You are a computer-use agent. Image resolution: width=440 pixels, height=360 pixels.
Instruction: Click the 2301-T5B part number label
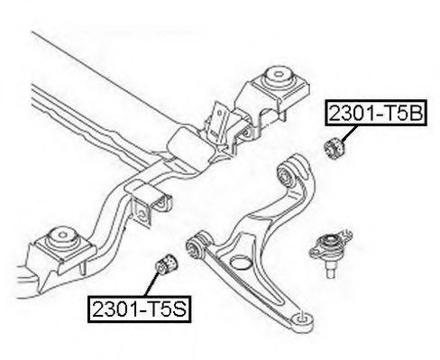(x=376, y=113)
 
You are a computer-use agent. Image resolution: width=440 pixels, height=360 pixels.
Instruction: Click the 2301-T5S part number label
(x=140, y=309)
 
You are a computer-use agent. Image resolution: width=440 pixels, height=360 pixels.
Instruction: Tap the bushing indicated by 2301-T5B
(x=335, y=148)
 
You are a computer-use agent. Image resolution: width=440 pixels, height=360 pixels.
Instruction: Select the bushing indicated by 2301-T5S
(x=166, y=263)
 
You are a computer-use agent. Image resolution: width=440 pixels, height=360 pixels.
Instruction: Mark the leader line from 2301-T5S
(x=151, y=283)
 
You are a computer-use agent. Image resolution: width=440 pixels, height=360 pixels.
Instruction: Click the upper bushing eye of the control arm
(x=286, y=176)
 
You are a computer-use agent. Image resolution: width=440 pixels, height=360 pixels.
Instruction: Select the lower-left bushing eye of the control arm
(x=196, y=246)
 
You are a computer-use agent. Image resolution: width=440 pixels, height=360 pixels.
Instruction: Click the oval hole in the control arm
(x=241, y=262)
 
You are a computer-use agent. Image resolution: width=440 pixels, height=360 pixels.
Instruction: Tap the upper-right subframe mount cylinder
(x=278, y=77)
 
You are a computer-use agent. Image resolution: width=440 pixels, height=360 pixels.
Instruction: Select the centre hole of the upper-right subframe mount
(x=279, y=73)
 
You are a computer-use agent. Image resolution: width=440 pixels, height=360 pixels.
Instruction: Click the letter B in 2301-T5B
(x=416, y=113)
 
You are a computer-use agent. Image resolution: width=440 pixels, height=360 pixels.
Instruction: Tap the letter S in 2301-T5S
(x=179, y=309)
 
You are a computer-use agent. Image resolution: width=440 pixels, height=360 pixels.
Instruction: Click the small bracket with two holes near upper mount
(x=220, y=120)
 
